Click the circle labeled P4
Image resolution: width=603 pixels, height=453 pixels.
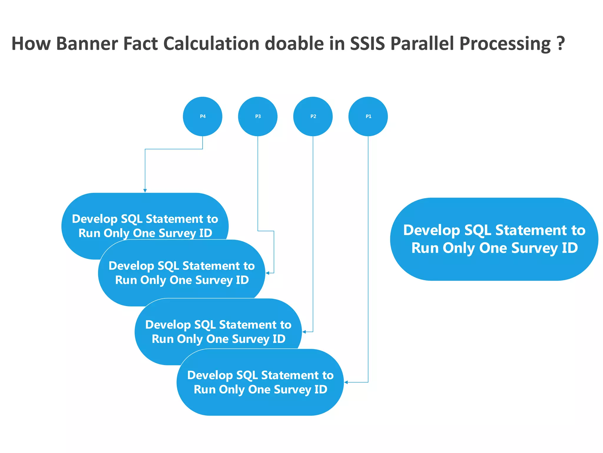point(203,116)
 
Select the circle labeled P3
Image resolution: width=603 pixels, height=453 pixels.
point(258,116)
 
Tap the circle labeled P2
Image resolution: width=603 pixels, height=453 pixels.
point(313,116)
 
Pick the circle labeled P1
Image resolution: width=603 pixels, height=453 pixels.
point(368,116)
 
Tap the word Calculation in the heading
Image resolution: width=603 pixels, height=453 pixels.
point(211,44)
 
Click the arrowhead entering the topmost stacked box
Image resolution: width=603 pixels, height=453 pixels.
point(145,191)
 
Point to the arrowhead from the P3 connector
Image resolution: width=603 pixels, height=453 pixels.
point(267,273)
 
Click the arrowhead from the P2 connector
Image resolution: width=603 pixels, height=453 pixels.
point(304,332)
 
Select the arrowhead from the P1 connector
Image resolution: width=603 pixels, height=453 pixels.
point(346,382)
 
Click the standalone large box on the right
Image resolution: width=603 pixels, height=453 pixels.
point(494,239)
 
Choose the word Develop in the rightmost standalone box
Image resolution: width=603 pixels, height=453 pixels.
point(431,231)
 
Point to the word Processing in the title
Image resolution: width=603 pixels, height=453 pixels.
point(505,44)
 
